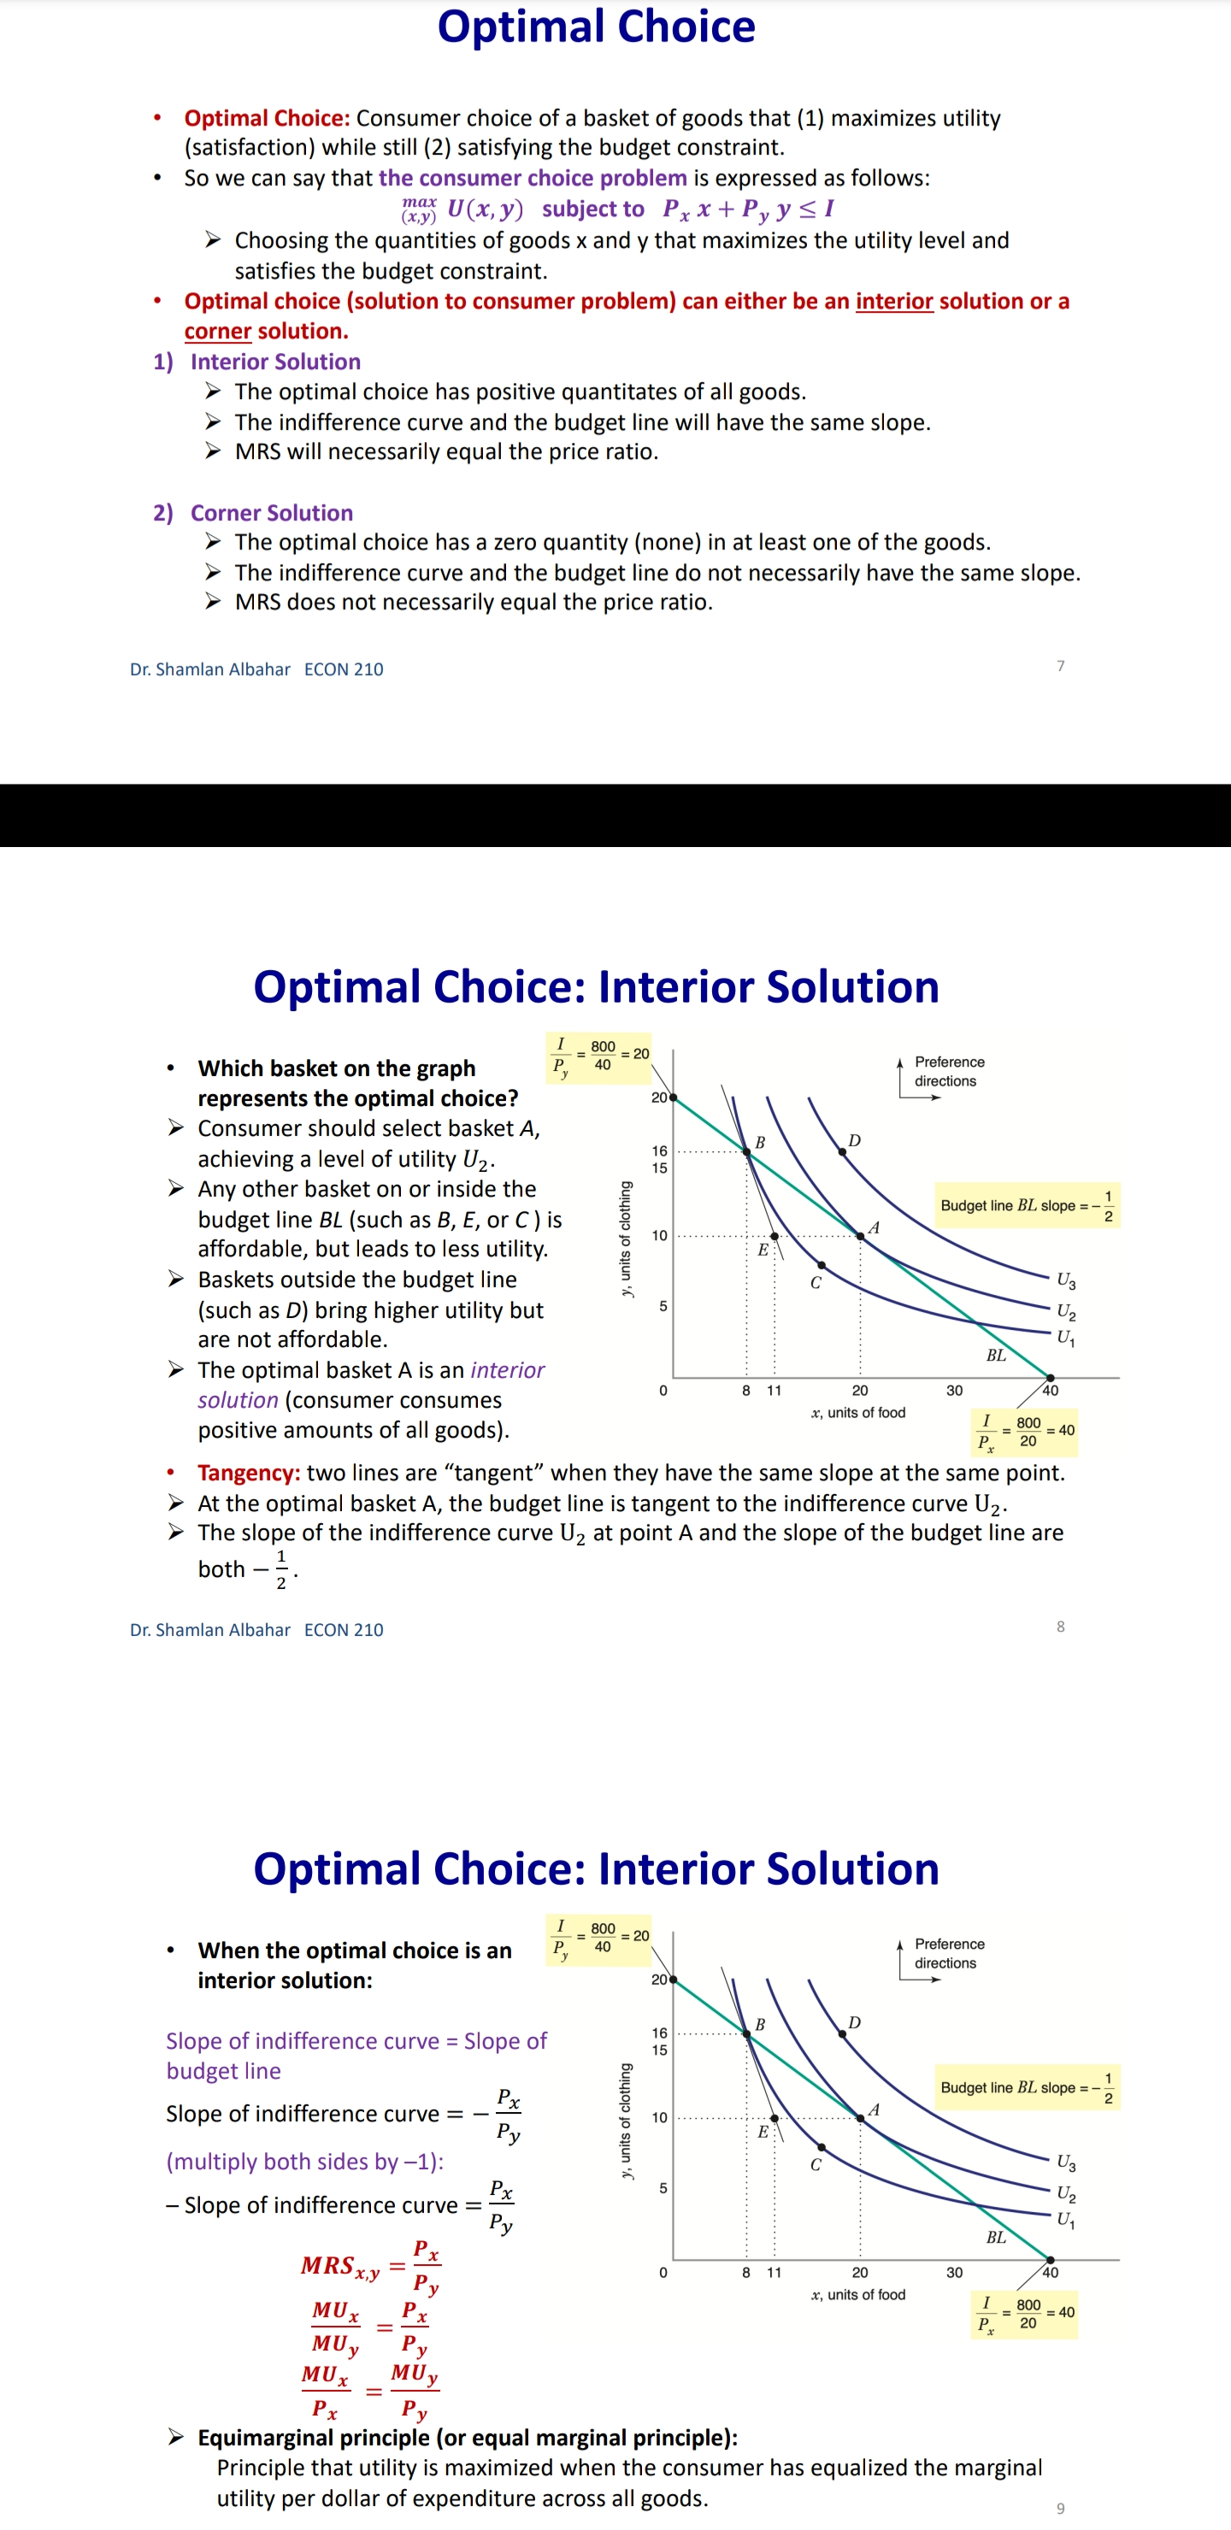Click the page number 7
[x=1060, y=666]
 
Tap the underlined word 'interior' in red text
[x=893, y=301]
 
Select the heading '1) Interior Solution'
[x=256, y=362]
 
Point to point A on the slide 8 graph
[x=861, y=1236]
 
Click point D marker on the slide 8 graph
[x=842, y=1151]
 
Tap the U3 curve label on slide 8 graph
[x=1065, y=1280]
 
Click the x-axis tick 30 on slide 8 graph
[x=954, y=1391]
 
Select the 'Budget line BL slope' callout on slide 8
[x=1026, y=1205]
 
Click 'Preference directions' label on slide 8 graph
[x=948, y=1072]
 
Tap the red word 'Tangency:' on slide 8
[x=249, y=1472]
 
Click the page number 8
[x=1060, y=1627]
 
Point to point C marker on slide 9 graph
[x=822, y=2147]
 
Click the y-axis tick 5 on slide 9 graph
[x=663, y=2188]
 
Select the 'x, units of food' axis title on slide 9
[x=857, y=2294]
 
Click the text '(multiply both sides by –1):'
[x=304, y=2161]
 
